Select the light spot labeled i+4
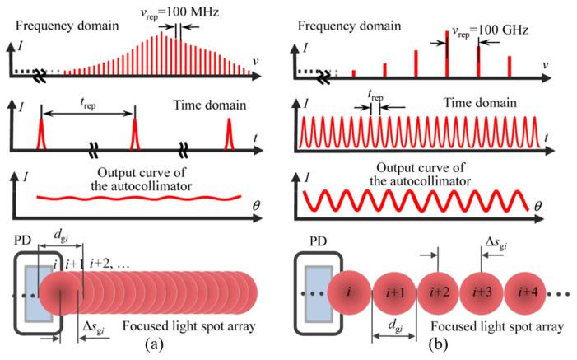pyautogui.click(x=532, y=293)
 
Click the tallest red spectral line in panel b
pyautogui.click(x=447, y=54)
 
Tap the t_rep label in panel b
pyautogui.click(x=375, y=95)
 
